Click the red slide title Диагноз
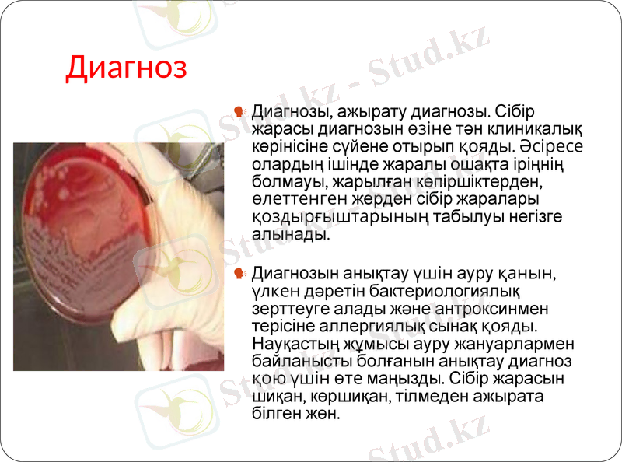pos(126,67)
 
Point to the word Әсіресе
pos(552,146)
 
